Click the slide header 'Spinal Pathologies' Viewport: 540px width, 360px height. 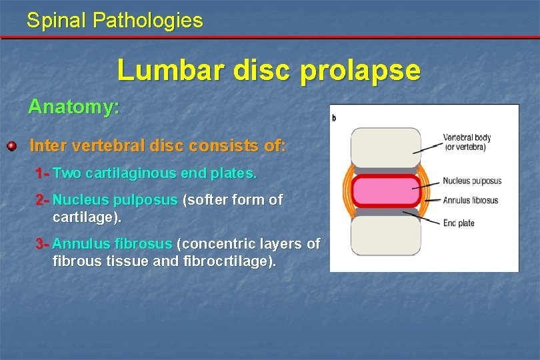tap(115, 20)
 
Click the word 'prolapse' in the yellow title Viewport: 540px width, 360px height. tap(360, 70)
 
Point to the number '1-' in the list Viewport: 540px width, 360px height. tap(43, 173)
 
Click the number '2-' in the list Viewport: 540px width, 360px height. tap(43, 199)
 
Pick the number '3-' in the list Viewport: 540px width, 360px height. tap(43, 244)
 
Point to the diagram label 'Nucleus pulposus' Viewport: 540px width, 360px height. tap(472, 181)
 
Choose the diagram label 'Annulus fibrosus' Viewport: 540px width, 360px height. tap(471, 200)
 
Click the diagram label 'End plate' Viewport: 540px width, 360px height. tap(459, 223)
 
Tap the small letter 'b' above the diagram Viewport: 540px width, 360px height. tap(333, 118)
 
